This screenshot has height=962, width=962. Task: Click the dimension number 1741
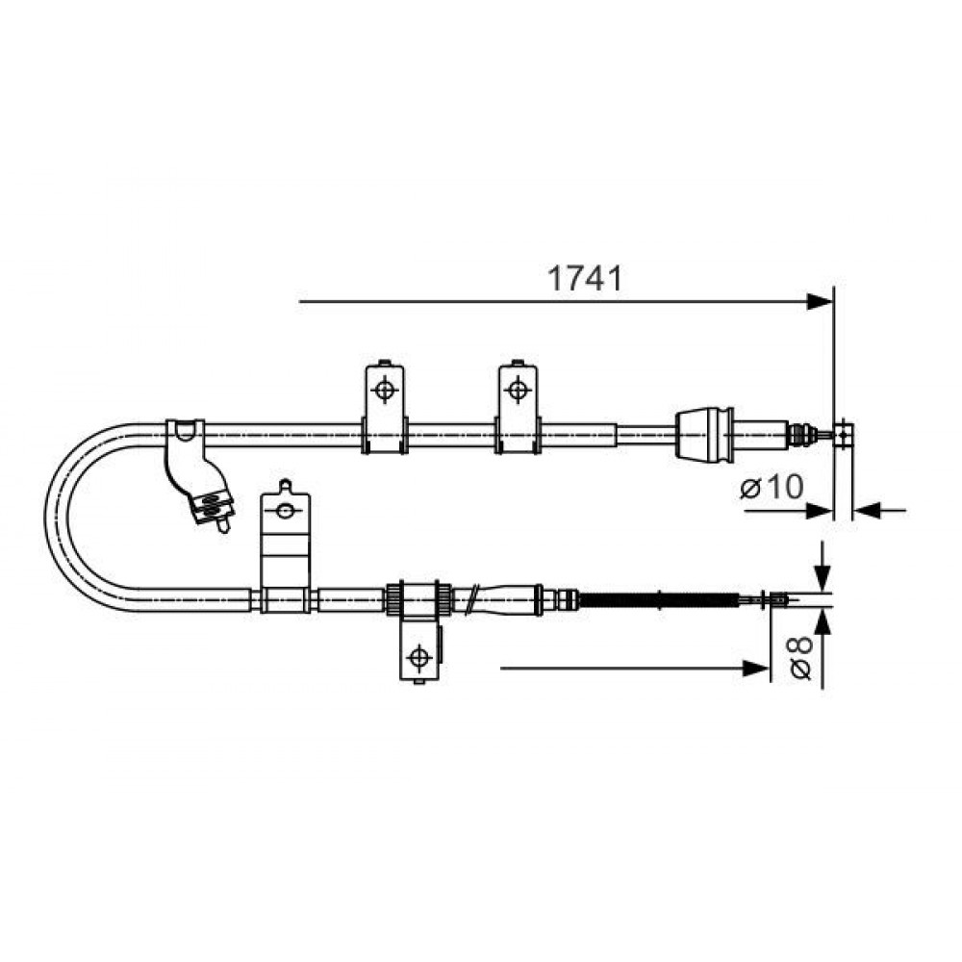pos(584,279)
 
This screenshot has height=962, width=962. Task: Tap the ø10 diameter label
pos(772,487)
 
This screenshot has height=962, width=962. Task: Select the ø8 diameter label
pos(801,658)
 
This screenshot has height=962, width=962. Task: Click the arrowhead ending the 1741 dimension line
pos(820,302)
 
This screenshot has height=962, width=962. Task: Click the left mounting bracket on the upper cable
pos(385,407)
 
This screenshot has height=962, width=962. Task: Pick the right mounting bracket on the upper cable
pos(518,407)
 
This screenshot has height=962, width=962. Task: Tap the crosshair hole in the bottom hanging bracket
pos(419,657)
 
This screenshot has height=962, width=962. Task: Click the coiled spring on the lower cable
pos(659,599)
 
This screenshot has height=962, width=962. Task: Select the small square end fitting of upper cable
pos(845,435)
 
